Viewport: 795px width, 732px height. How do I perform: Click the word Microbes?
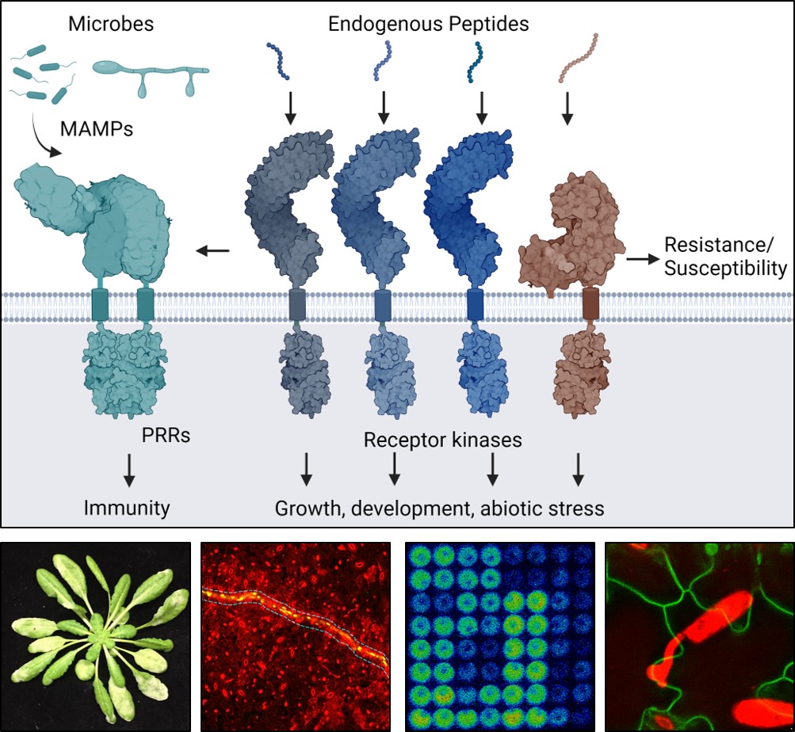click(x=111, y=24)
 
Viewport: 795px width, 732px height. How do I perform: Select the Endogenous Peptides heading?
click(x=428, y=24)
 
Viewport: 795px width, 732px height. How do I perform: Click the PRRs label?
click(x=162, y=435)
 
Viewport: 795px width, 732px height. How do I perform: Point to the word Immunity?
click(x=127, y=507)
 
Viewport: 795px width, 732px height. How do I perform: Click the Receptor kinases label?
click(x=442, y=440)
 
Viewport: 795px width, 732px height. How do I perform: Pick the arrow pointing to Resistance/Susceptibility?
click(x=642, y=257)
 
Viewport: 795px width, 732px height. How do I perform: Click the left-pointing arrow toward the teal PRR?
click(x=212, y=251)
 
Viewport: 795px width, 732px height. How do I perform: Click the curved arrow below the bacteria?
click(x=44, y=135)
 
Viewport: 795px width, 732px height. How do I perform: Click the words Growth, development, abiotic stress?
click(x=439, y=508)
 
